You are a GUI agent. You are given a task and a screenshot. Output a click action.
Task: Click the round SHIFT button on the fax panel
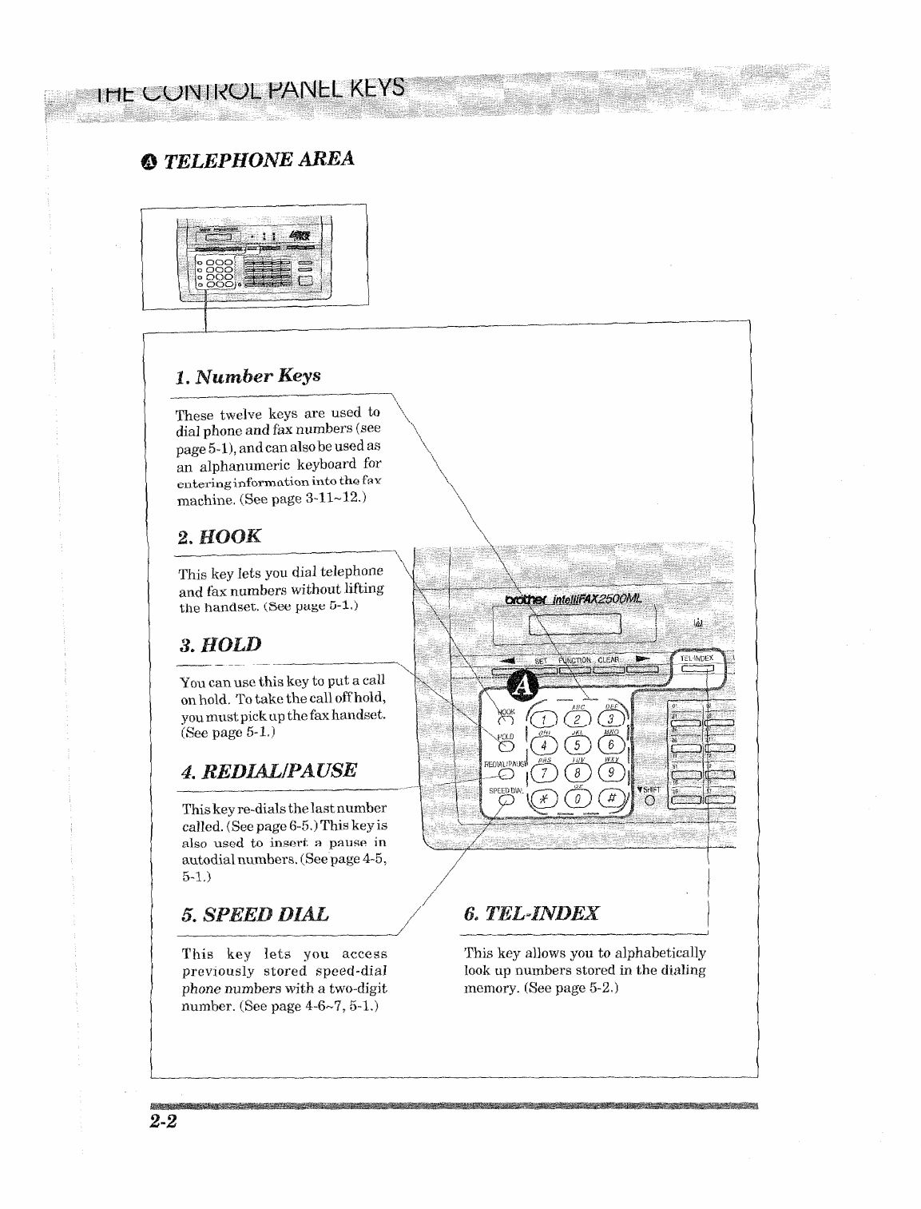[649, 801]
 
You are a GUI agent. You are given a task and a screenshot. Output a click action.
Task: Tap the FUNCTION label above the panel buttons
[574, 660]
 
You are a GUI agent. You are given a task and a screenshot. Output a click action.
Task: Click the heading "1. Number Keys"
[248, 376]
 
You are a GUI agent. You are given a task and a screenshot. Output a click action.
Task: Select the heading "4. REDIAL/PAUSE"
[269, 771]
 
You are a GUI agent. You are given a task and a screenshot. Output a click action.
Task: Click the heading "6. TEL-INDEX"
[531, 913]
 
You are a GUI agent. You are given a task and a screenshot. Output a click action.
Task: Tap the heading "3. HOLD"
[220, 645]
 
